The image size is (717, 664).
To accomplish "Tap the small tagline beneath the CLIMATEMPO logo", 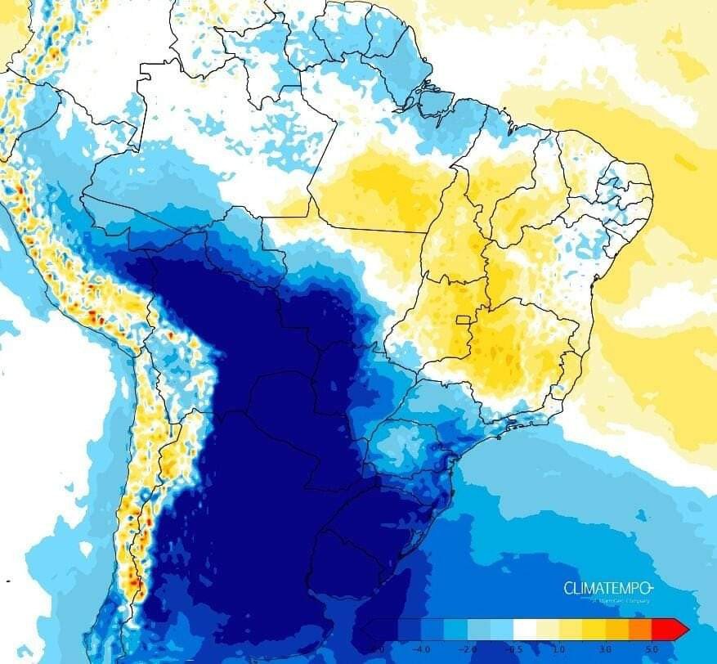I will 620,601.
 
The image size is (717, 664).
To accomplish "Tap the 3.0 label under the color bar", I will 604,648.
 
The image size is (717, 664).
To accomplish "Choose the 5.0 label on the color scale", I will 651,648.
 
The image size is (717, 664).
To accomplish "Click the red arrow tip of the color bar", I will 680,629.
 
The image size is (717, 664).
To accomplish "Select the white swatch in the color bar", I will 523,629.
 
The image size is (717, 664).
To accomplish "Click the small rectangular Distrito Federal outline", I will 465,321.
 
